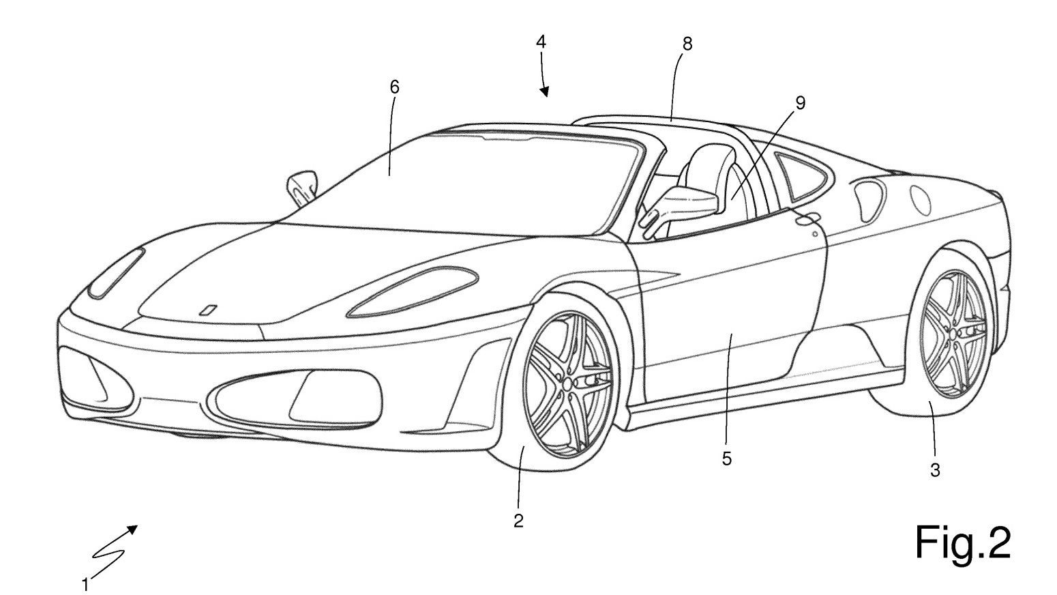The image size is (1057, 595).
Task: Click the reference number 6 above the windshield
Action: [394, 87]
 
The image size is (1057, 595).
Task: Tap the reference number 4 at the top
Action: [541, 42]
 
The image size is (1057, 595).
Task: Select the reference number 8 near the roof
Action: [687, 44]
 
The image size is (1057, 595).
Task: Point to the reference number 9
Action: [801, 103]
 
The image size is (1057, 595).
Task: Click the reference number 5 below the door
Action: [727, 459]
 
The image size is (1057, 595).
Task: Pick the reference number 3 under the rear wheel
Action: [935, 470]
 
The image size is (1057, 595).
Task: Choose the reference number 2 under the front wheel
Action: [518, 521]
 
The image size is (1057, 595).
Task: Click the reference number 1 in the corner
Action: [85, 585]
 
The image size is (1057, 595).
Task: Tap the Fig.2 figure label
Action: [963, 543]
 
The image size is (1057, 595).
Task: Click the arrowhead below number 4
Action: [545, 91]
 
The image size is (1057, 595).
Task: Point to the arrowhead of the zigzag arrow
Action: [132, 529]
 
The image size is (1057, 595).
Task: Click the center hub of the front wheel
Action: [567, 384]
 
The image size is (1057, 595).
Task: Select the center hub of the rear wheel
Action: [953, 334]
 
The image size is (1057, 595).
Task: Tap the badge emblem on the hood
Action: [208, 310]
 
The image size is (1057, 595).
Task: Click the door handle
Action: [807, 218]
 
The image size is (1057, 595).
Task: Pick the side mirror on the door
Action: [682, 208]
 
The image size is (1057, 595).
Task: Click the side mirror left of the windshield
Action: [302, 188]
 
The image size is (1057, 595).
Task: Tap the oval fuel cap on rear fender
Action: [921, 200]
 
